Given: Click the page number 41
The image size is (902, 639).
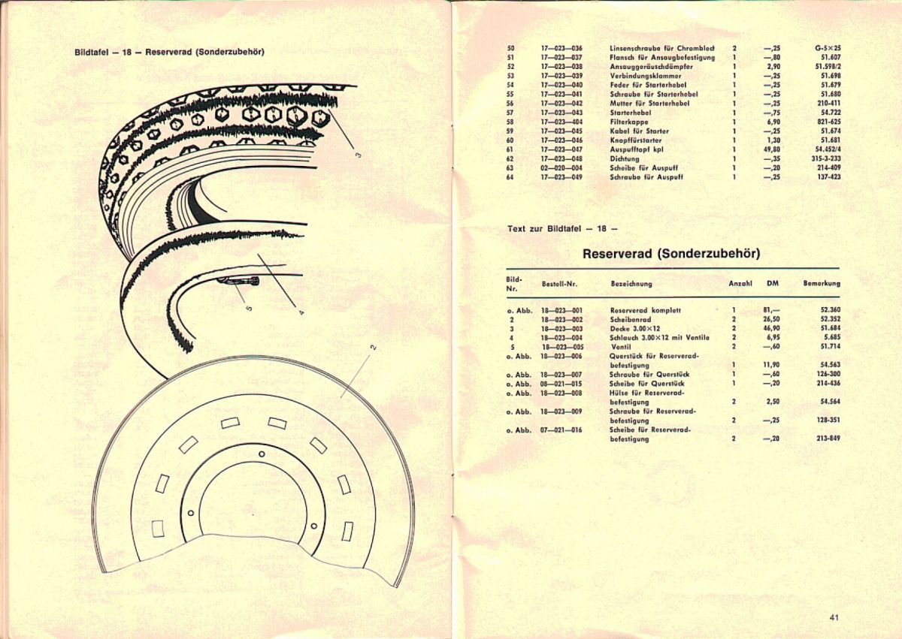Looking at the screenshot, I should click(x=834, y=618).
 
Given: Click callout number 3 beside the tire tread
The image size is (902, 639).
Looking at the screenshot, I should click(x=359, y=155).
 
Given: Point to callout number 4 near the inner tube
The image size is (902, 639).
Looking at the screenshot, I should click(x=301, y=312).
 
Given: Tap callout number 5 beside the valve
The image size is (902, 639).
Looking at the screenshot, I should click(x=250, y=307).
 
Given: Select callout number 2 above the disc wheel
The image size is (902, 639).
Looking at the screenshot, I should click(x=372, y=348).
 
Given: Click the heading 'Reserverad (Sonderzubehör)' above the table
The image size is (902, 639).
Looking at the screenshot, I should click(x=671, y=254).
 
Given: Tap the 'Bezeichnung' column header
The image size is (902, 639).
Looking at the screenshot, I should click(x=631, y=284).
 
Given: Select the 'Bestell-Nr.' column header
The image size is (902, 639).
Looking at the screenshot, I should click(x=558, y=284).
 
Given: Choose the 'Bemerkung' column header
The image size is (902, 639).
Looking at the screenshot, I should click(x=821, y=284).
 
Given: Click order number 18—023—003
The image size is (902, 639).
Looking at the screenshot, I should click(x=561, y=328).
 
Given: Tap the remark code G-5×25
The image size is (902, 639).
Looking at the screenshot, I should click(x=828, y=49).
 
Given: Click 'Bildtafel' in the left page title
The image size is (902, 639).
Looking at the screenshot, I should click(x=92, y=53).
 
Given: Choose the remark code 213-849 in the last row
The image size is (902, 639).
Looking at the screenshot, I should click(x=828, y=439).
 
